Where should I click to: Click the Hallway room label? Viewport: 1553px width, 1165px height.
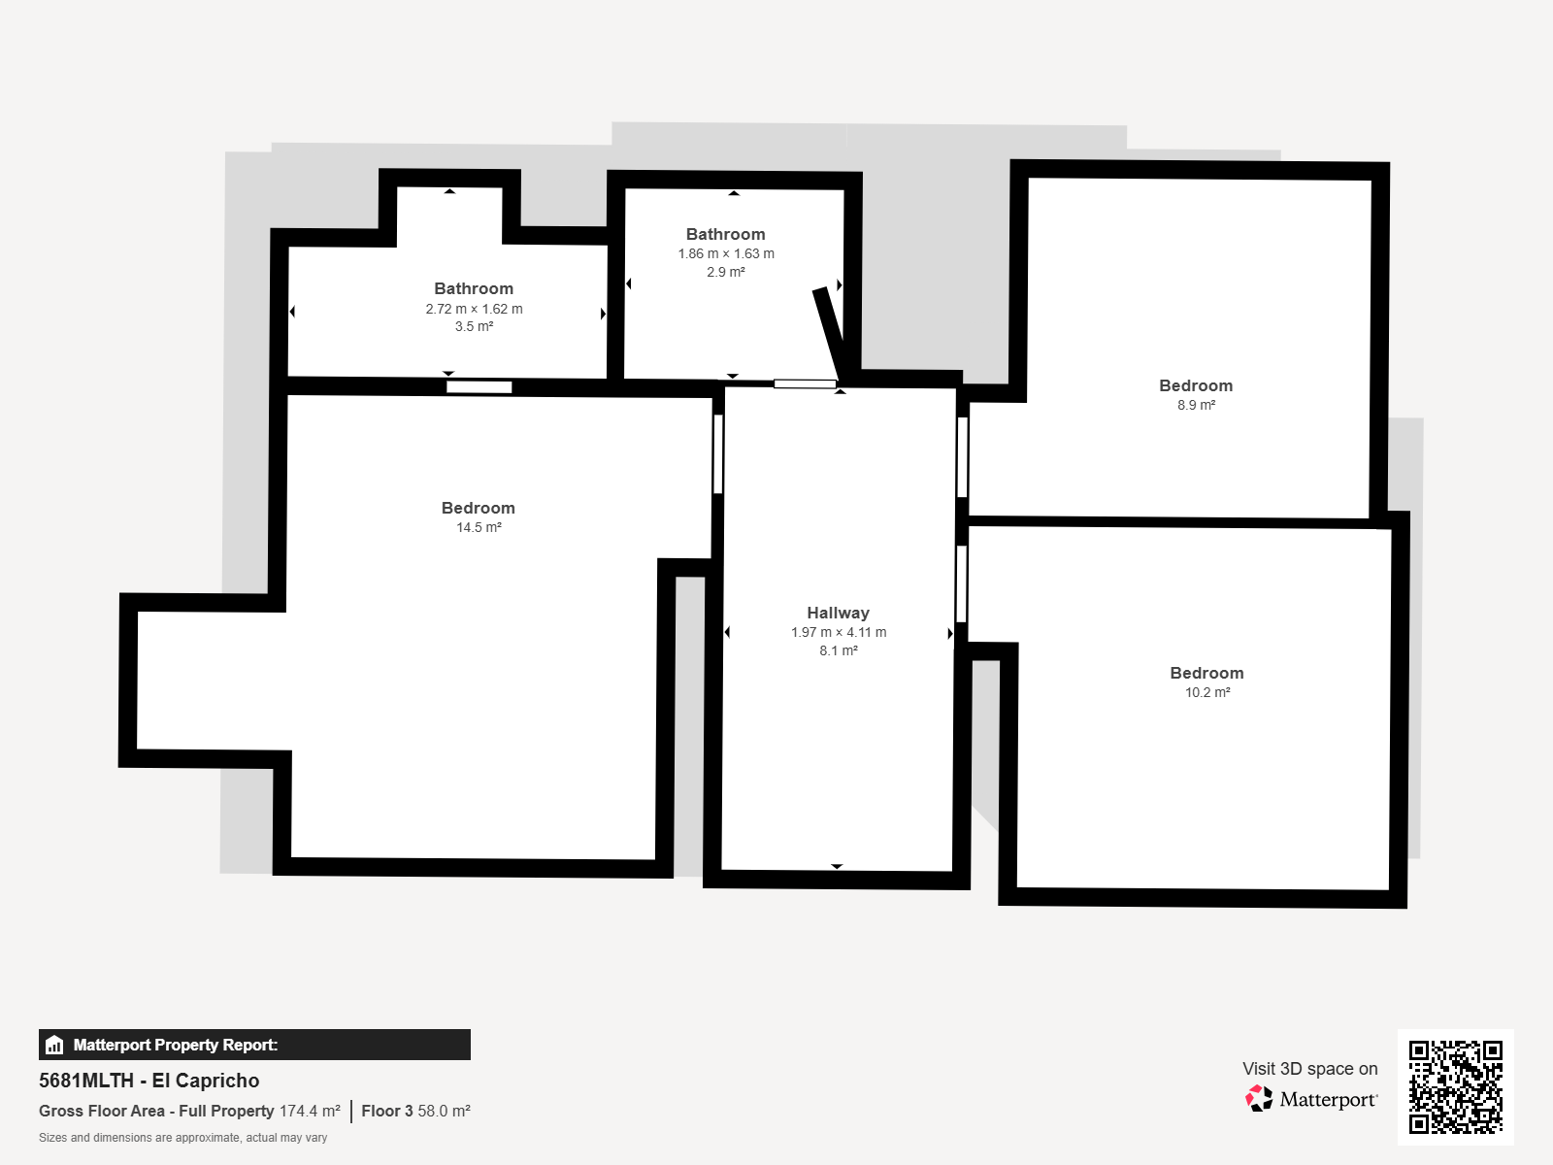[838, 613]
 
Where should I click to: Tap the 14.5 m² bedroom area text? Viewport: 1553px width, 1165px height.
[479, 527]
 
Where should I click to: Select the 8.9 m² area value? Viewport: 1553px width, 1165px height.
[1197, 405]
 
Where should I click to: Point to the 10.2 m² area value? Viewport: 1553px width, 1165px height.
[1207, 692]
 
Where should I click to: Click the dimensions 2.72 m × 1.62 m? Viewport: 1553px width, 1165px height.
[474, 309]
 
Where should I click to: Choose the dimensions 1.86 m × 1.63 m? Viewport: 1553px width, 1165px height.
[726, 253]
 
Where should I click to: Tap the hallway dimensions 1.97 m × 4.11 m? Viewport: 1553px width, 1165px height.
[839, 632]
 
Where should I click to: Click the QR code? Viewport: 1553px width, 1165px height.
[1455, 1086]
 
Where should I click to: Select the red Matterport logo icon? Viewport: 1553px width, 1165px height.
[1259, 1099]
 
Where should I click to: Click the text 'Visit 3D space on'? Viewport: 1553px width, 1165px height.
[1309, 1068]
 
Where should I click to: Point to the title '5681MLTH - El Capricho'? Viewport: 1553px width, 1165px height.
[149, 1081]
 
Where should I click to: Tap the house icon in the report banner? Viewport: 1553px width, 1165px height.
[54, 1045]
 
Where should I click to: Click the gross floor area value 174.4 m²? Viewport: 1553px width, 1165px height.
[310, 1111]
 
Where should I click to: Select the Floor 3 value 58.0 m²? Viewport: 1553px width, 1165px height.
[445, 1111]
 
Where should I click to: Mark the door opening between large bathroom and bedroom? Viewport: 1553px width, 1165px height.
[479, 387]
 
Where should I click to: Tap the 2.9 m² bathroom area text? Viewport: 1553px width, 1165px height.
[726, 272]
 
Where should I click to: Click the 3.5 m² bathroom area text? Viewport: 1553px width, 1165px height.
[474, 326]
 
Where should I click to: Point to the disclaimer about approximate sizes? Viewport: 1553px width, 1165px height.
[182, 1138]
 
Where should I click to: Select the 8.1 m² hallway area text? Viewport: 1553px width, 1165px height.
[839, 650]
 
